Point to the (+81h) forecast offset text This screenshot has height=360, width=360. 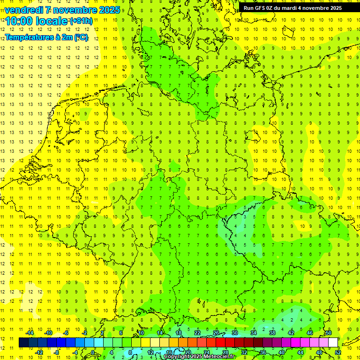81,21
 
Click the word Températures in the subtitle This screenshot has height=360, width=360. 29,37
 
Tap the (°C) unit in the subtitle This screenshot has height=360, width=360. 81,37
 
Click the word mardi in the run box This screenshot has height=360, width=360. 289,8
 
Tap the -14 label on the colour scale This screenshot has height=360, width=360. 30,333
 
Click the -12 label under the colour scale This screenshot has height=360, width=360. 39,352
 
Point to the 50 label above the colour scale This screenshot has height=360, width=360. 329,333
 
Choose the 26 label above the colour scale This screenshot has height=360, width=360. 216,333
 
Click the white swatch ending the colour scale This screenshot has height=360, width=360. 333,343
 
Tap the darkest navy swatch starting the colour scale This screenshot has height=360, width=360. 23,343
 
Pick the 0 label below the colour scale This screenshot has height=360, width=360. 93,352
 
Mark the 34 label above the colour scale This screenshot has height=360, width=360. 254,333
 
